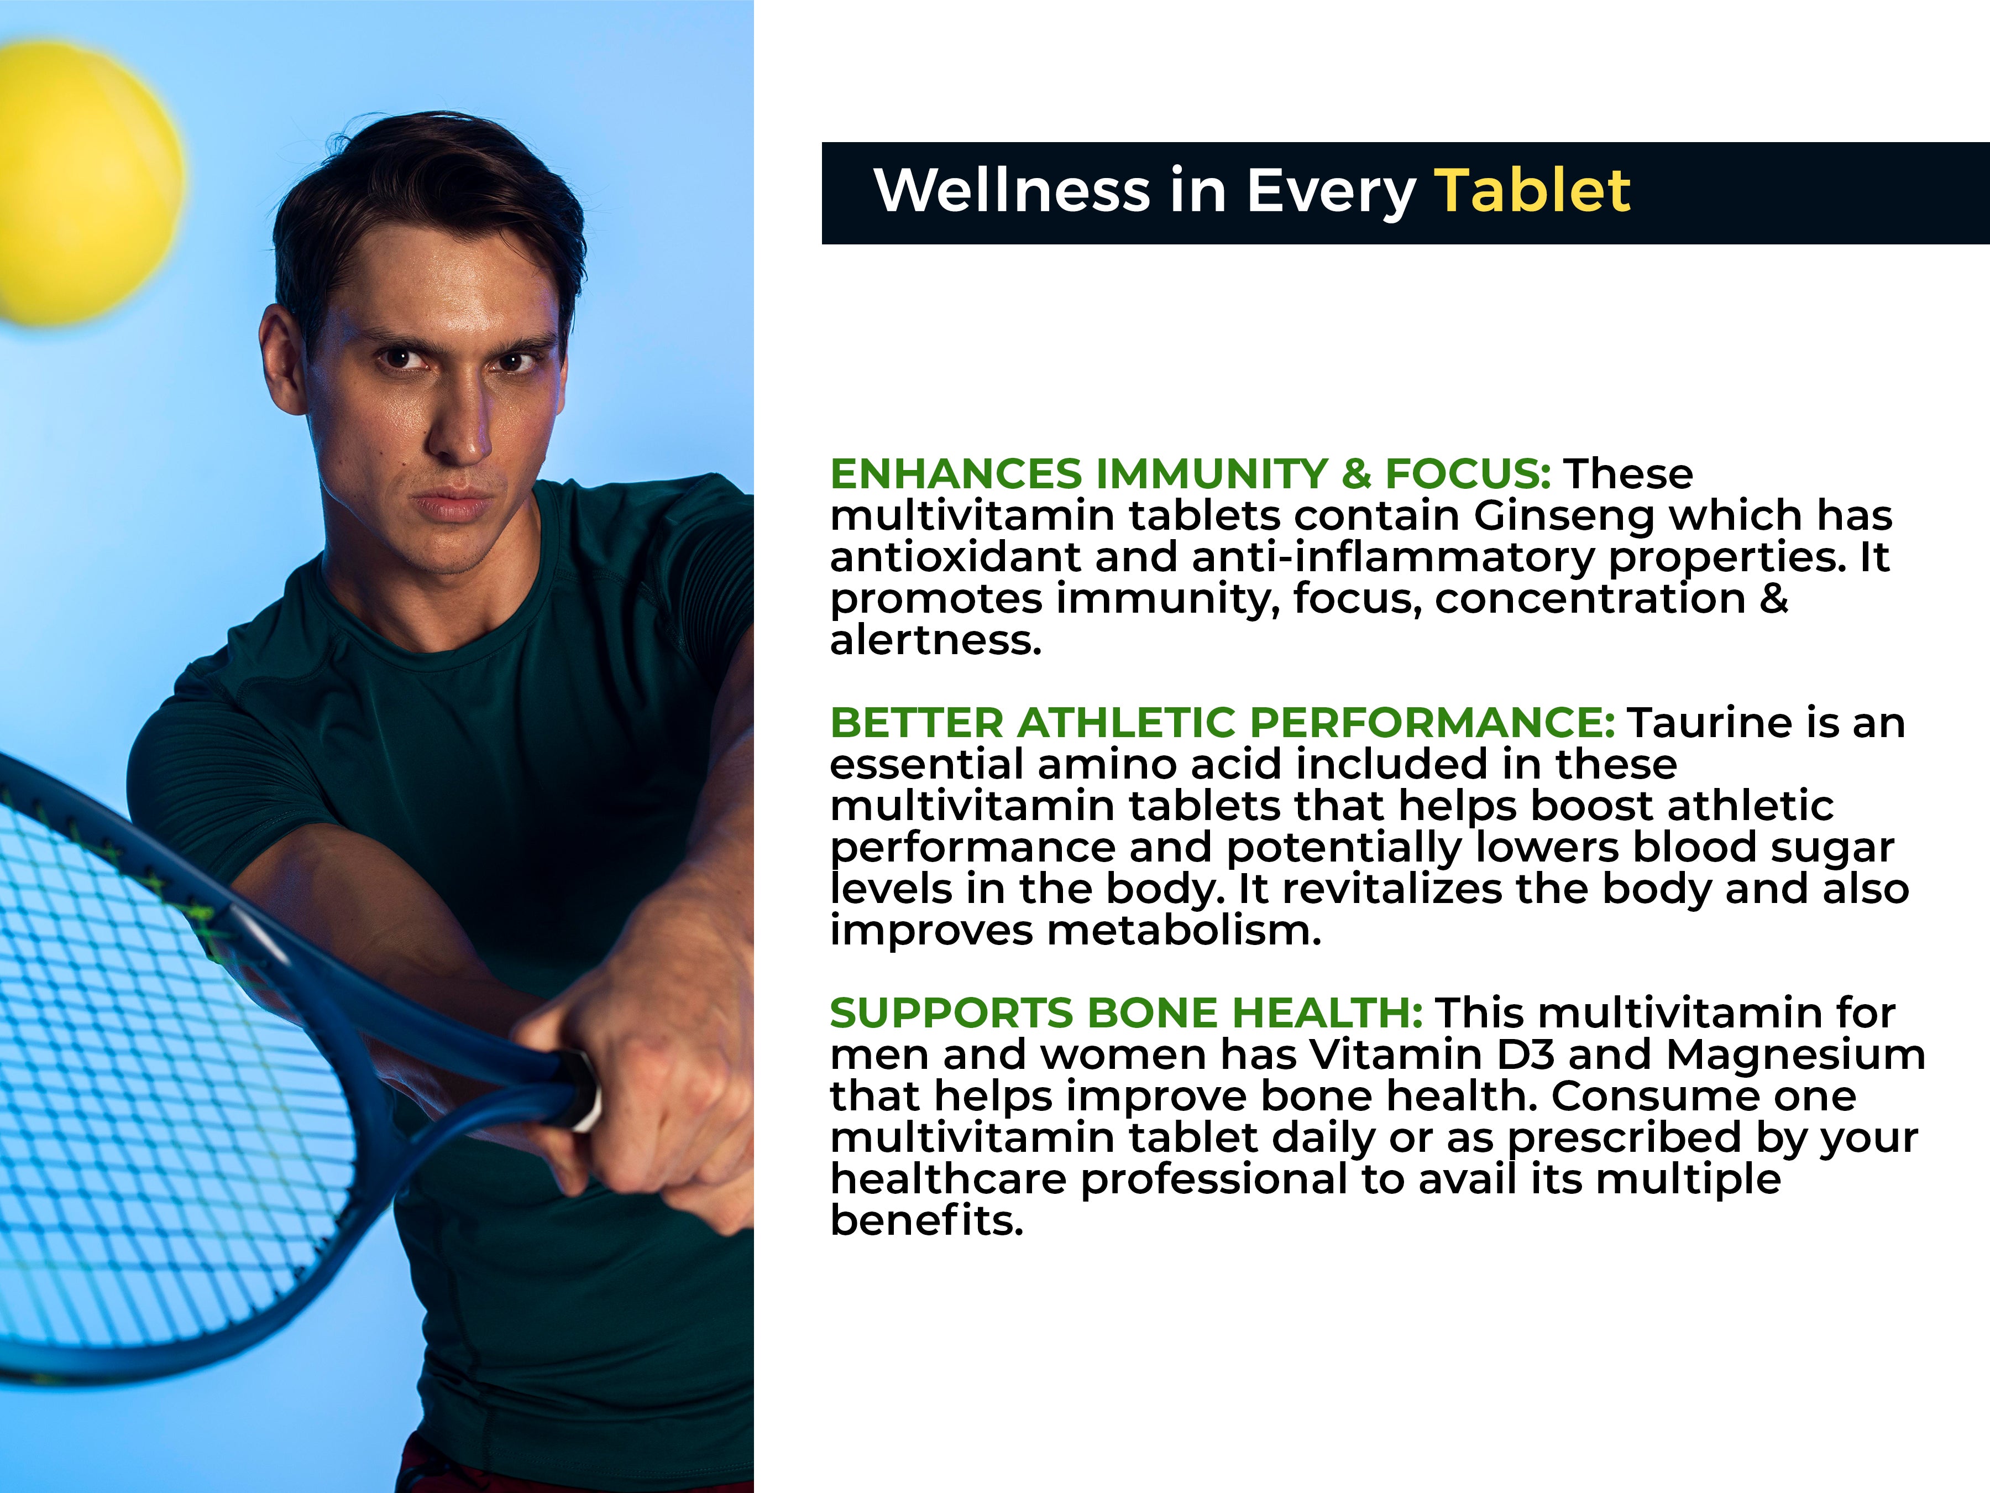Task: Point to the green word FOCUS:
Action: tap(1467, 474)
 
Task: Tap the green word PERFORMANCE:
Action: tap(1432, 723)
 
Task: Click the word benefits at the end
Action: tap(926, 1220)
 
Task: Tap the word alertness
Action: tap(936, 640)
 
